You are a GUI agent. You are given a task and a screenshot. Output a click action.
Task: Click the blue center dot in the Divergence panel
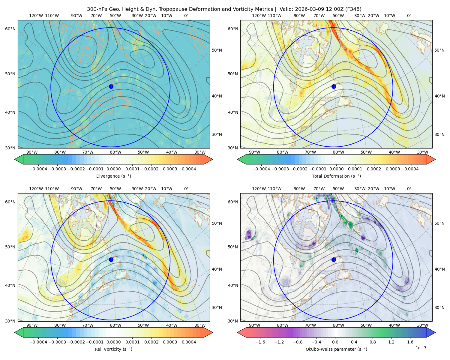coord(111,87)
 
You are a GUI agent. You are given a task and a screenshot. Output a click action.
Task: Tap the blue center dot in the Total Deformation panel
coord(334,87)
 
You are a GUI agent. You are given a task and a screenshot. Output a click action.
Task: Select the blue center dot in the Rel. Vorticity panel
coord(111,259)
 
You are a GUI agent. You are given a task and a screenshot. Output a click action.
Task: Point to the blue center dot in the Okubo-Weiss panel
coord(334,259)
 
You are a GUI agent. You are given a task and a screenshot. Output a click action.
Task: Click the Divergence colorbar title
coord(113,176)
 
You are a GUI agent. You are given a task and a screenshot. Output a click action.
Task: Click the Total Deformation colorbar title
coord(336,176)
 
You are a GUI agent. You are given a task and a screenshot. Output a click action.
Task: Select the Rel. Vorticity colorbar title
coord(113,349)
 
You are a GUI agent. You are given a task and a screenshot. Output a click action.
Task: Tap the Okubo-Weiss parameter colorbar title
coord(336,349)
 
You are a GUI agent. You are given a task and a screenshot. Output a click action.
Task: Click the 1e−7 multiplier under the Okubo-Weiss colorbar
coord(421,348)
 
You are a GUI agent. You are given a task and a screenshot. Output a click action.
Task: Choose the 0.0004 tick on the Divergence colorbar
coord(189,169)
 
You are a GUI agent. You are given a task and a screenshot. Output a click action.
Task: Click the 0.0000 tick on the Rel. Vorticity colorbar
coord(113,342)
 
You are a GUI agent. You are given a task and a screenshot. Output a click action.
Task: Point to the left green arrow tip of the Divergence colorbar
coord(15,159)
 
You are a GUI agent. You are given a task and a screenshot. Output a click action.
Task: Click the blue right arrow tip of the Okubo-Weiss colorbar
coord(435,332)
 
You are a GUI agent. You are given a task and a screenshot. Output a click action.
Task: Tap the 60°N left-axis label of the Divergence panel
coord(10,29)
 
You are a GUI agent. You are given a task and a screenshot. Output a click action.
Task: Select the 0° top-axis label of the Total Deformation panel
coord(409,16)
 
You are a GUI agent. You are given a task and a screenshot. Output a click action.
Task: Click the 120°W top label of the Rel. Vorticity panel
coord(36,189)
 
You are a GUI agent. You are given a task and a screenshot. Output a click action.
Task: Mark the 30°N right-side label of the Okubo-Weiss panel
coord(439,307)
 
